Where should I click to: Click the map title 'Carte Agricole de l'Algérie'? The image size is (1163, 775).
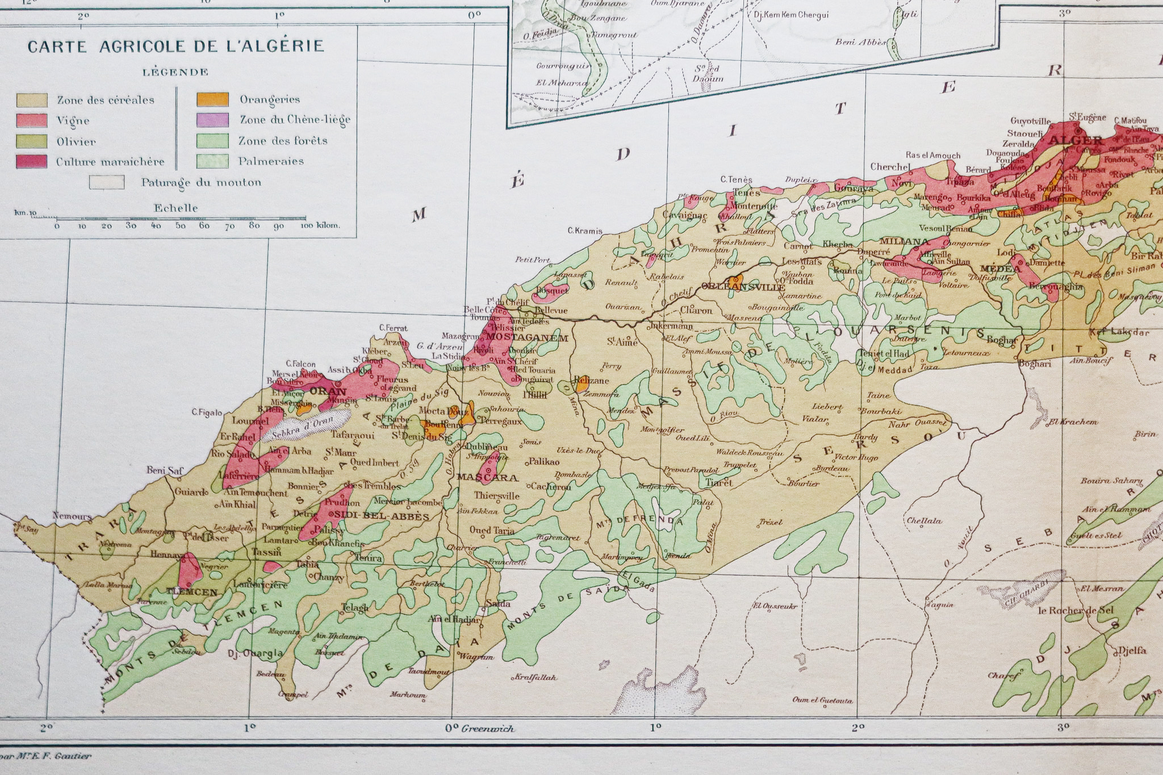point(176,46)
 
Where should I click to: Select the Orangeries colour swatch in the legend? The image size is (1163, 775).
point(213,99)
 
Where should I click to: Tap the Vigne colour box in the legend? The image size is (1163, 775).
point(31,120)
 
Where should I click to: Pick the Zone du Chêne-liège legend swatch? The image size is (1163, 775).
point(213,120)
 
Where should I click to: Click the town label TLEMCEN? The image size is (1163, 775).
point(192,592)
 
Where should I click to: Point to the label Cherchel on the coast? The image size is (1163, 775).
point(890,167)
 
